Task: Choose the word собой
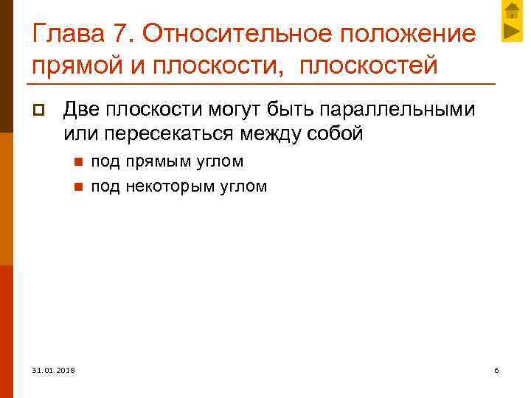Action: pyautogui.click(x=336, y=134)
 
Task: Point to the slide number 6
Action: pyautogui.click(x=496, y=369)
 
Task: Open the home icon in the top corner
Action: pyautogui.click(x=512, y=11)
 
